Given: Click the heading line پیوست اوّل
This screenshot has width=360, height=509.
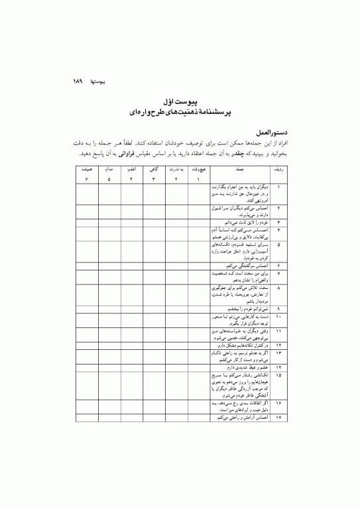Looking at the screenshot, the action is [x=179, y=103].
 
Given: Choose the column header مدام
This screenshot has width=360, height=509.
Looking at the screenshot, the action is [x=109, y=170].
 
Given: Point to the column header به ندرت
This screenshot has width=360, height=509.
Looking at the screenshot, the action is [x=176, y=170].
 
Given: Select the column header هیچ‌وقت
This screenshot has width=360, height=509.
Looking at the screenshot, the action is [x=198, y=170].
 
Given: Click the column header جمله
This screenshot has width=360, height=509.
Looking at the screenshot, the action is [x=241, y=170].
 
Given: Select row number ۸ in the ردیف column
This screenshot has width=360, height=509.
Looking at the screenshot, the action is [x=278, y=289].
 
